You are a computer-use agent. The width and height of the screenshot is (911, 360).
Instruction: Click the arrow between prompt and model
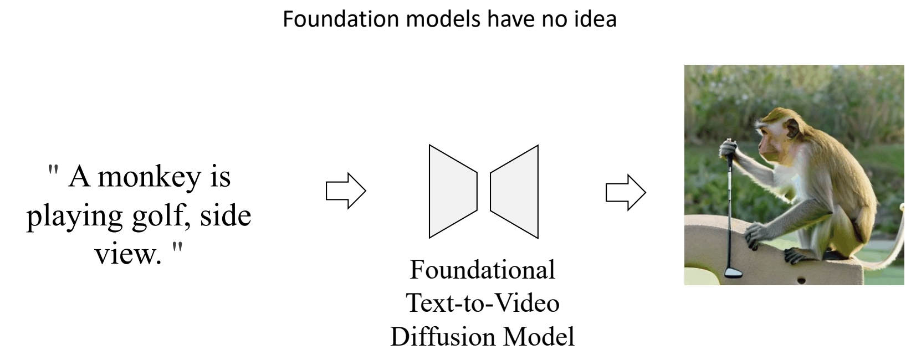coord(345,191)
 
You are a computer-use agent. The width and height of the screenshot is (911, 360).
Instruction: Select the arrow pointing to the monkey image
coord(625,192)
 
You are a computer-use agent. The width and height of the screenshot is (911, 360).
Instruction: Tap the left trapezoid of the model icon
coord(451,192)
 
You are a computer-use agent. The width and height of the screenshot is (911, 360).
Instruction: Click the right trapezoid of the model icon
coord(516,192)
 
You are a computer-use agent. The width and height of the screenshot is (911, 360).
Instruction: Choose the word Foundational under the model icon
coord(482,270)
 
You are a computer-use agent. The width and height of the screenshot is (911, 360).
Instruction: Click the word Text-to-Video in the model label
coord(482,303)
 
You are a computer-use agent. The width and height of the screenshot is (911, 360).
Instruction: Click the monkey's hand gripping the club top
coord(728,148)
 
